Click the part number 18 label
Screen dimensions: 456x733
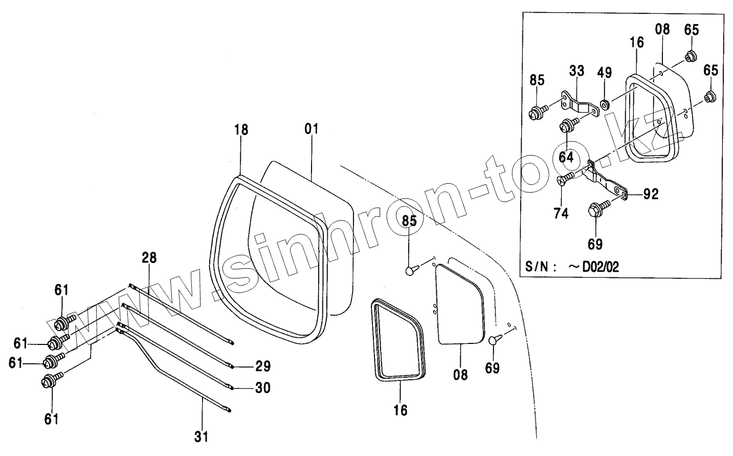241,129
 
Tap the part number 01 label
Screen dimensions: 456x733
312,129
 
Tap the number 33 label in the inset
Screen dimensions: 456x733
576,71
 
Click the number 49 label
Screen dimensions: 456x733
604,72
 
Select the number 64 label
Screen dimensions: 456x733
566,157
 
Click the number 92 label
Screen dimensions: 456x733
651,194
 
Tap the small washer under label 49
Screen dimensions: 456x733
604,105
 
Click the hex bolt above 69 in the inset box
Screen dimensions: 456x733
597,209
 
